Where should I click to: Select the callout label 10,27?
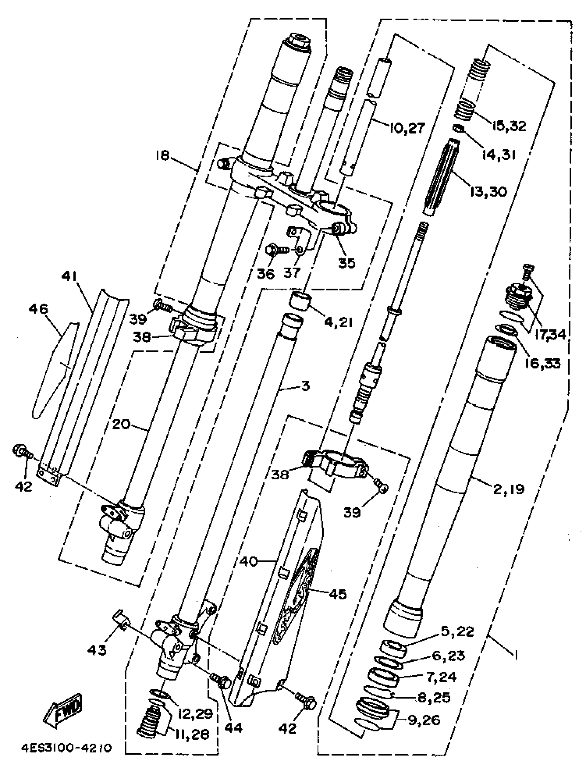pos(407,128)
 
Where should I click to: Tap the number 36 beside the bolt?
pos(266,273)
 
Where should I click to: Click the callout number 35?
pos(346,263)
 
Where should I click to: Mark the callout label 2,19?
pos(508,489)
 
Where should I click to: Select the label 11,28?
pos(192,734)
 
